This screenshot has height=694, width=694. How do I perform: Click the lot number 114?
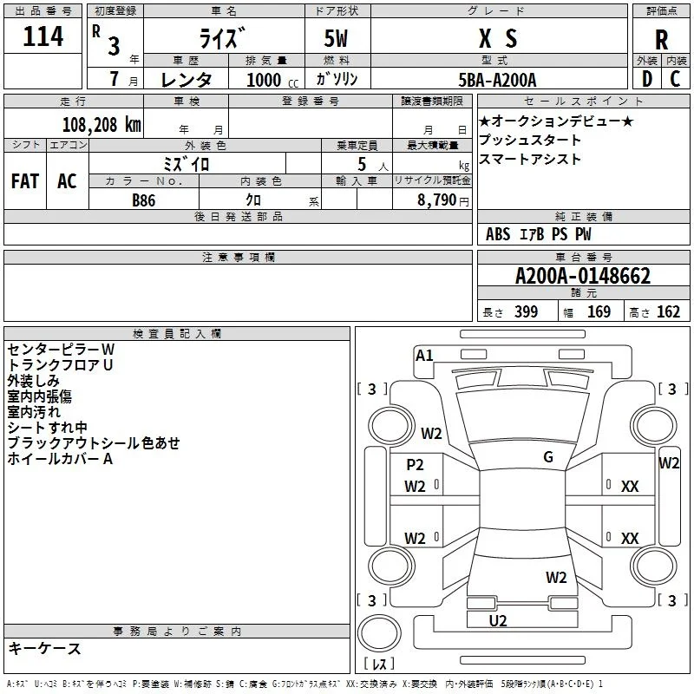click(x=43, y=36)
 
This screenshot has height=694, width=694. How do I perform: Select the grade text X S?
click(x=498, y=38)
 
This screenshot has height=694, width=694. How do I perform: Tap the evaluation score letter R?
click(x=661, y=40)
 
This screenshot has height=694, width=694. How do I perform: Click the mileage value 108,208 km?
click(x=101, y=125)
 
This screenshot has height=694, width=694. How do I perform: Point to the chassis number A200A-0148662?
click(x=583, y=276)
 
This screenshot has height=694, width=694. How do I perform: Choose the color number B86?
click(x=143, y=200)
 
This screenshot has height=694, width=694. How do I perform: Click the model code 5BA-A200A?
click(x=497, y=80)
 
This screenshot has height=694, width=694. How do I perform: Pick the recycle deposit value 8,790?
click(x=436, y=200)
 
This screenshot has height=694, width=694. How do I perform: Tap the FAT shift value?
click(x=25, y=181)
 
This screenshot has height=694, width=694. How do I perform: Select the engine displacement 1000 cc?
click(x=272, y=80)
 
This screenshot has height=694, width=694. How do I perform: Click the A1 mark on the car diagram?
click(x=424, y=356)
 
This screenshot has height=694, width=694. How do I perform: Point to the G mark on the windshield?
click(x=548, y=457)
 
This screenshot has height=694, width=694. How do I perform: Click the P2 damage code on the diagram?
click(x=415, y=465)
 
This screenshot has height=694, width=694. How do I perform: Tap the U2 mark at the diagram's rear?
click(x=497, y=621)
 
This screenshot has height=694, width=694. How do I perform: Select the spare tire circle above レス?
click(x=379, y=633)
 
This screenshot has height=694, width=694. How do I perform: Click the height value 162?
click(x=668, y=311)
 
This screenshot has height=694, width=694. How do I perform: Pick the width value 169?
click(x=599, y=311)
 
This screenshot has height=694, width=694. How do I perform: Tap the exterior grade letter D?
click(x=647, y=79)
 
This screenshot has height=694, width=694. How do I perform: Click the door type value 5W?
click(x=336, y=38)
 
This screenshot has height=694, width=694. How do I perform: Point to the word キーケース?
click(x=44, y=648)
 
